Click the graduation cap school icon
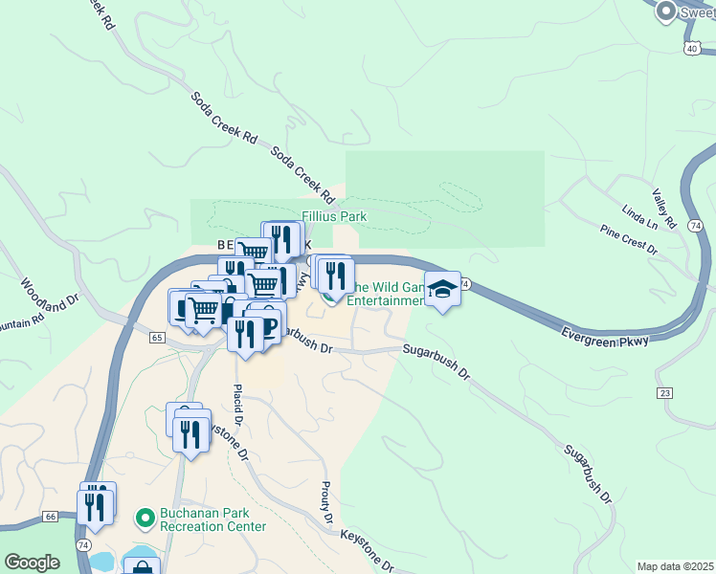coord(442,290)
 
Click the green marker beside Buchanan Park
coord(145,519)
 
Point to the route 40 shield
coord(691,47)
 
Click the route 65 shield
coord(157,338)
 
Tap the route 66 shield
coord(51,517)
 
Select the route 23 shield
coord(664,393)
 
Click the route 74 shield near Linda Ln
coord(695,225)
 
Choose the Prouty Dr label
coord(326,503)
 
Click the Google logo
coord(33,563)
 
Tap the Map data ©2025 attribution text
coord(675,566)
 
